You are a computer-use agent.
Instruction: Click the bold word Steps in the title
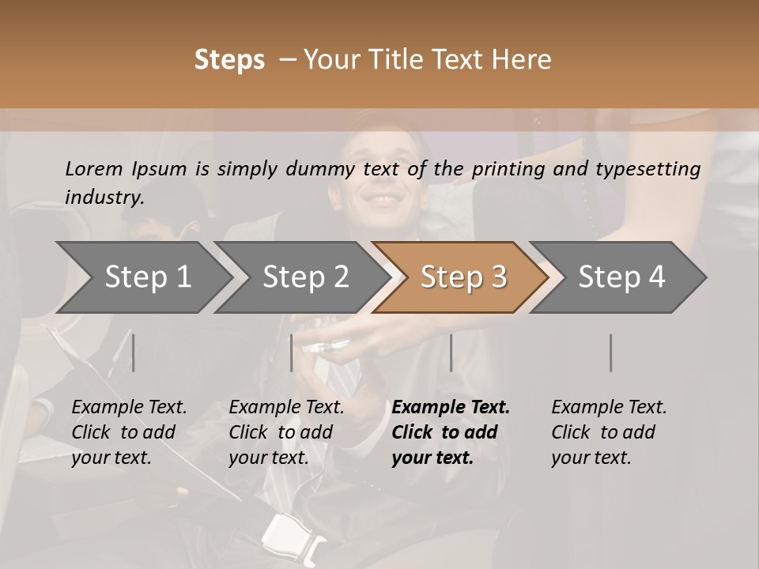tap(229, 60)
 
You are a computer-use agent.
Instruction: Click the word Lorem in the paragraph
tap(94, 168)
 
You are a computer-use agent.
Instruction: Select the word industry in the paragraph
tap(104, 198)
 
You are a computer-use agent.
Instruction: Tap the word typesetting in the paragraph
tap(655, 168)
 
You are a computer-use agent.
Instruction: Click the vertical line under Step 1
tap(133, 352)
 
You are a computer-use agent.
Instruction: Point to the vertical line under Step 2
tap(291, 352)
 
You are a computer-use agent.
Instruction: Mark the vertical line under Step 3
tap(451, 352)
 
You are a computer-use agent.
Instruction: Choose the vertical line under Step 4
tap(610, 352)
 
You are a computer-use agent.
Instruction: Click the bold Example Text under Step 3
tap(451, 408)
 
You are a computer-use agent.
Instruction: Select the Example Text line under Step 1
tap(129, 408)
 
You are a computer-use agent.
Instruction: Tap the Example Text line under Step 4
tap(609, 408)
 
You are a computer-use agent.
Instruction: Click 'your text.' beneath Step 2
tap(269, 458)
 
